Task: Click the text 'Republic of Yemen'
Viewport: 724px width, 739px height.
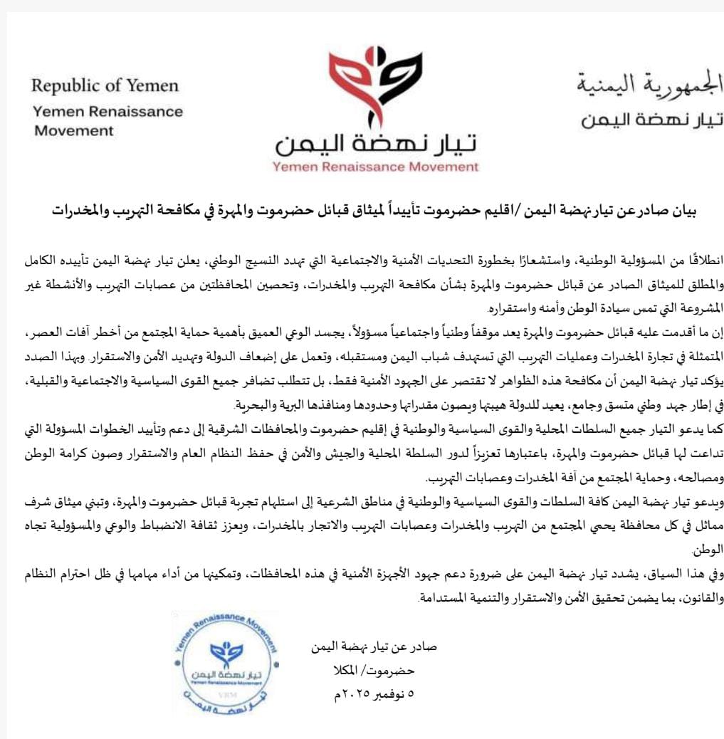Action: click(x=105, y=86)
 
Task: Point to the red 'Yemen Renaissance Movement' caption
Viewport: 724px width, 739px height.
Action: click(x=376, y=167)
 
